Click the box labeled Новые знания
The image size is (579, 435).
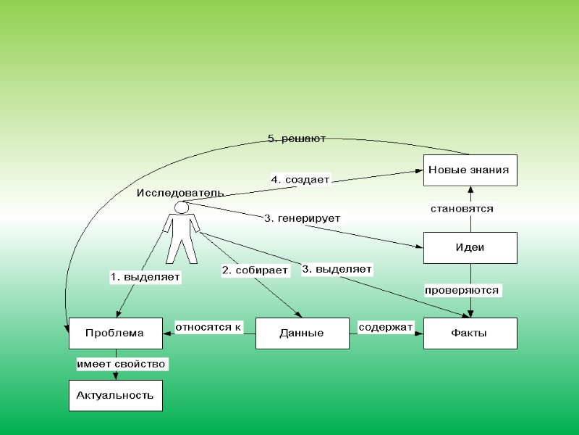click(470, 170)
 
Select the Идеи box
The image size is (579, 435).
click(470, 247)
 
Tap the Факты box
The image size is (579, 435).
click(470, 333)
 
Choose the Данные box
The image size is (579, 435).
click(302, 333)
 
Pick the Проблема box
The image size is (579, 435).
click(115, 333)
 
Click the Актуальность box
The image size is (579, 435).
click(115, 395)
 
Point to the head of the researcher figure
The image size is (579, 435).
click(182, 208)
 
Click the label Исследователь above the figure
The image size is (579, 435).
click(180, 193)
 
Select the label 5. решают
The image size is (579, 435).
click(297, 138)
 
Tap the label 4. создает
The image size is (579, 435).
click(300, 179)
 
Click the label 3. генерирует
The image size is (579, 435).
click(303, 217)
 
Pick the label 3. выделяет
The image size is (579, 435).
click(337, 269)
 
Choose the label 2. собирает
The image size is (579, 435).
click(255, 270)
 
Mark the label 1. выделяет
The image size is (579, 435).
click(145, 276)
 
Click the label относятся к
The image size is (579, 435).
click(208, 327)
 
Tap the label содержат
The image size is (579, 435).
click(386, 327)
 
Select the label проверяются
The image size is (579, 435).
click(462, 290)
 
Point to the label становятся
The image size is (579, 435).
click(462, 209)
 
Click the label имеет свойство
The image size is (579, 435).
click(122, 363)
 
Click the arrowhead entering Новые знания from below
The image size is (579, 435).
click(470, 190)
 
